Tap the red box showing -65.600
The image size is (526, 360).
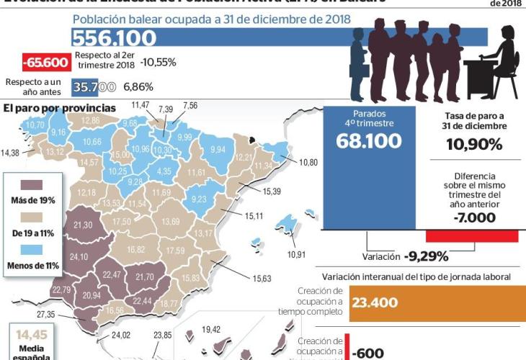(x=45, y=63)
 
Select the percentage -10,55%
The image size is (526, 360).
(x=158, y=63)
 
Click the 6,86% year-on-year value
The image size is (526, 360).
(x=139, y=87)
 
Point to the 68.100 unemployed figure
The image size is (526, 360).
(x=369, y=142)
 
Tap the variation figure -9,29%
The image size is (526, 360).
(x=427, y=256)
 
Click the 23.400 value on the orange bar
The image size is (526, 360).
(x=375, y=302)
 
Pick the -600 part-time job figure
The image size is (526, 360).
(x=367, y=352)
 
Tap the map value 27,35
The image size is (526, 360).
(x=46, y=315)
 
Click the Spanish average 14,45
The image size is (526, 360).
(x=31, y=335)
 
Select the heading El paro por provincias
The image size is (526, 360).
(x=59, y=108)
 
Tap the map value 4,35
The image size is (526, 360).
(x=164, y=171)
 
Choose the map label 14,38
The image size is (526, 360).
(x=11, y=153)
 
